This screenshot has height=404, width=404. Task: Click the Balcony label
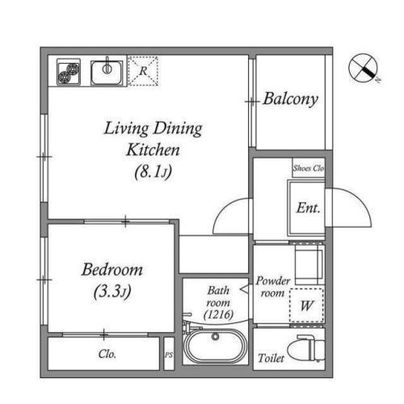pos(291,99)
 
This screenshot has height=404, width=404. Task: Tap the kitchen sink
pos(107,72)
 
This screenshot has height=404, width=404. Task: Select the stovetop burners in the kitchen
pos(69,72)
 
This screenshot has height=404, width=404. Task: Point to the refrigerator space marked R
pos(143,71)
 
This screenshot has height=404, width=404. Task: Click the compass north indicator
pos(364,68)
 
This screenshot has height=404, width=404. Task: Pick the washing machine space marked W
pos(306,305)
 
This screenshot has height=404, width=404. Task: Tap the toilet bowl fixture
pos(306,348)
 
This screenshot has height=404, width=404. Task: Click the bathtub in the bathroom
pos(215,347)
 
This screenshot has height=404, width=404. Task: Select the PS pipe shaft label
pos(169,355)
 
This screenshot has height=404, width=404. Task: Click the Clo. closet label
pos(107,354)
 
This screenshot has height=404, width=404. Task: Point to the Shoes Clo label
pos(309,168)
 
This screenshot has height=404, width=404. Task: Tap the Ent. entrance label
pos(308,208)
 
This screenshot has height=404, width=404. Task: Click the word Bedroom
pos(112,269)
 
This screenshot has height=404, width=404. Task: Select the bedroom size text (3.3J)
pos(112,292)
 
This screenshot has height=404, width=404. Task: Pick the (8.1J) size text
pos(153,171)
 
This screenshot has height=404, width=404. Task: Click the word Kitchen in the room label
pos(153,149)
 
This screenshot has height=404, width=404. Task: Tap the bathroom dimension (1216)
pos(218,314)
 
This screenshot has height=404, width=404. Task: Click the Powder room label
pos(273,287)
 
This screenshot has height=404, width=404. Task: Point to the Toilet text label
pos(271,358)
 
